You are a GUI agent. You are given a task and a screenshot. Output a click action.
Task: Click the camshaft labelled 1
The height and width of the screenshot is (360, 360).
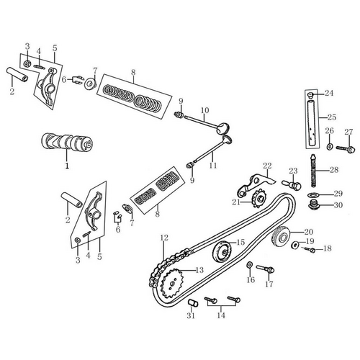click(x=67, y=143)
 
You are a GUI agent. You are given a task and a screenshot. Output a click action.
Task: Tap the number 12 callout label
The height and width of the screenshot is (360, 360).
click(x=164, y=238)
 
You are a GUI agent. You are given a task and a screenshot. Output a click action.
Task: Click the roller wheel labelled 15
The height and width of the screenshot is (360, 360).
click(x=222, y=252)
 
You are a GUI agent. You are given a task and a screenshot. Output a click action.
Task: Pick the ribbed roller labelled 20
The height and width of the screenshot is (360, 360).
click(x=281, y=238)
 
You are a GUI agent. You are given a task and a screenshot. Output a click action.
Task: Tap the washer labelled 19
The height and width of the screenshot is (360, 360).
click(x=294, y=245)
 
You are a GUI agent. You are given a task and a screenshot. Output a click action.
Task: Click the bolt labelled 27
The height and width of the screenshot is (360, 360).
click(x=346, y=149)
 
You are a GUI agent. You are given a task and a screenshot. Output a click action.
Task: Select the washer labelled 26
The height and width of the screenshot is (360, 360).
click(x=330, y=145)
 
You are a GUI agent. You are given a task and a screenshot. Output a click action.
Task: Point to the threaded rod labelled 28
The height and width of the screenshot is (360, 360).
click(x=313, y=171)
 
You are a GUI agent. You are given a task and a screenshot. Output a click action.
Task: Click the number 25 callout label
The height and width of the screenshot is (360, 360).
click(x=332, y=117)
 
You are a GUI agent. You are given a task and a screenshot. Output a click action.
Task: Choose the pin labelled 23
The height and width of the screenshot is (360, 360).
click(x=292, y=184)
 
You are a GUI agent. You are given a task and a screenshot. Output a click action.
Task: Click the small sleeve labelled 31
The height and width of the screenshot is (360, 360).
click(x=193, y=303)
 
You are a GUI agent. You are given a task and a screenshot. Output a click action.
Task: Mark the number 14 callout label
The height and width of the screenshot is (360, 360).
click(x=221, y=315)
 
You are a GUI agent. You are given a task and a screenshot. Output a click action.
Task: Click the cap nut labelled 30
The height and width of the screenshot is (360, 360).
click(x=313, y=204)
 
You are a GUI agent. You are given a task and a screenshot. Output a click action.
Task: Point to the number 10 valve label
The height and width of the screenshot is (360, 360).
click(x=204, y=110)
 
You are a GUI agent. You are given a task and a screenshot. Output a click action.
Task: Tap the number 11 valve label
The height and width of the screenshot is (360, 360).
click(x=213, y=166)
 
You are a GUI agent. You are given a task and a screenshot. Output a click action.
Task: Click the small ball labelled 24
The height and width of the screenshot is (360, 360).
click(x=311, y=94)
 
